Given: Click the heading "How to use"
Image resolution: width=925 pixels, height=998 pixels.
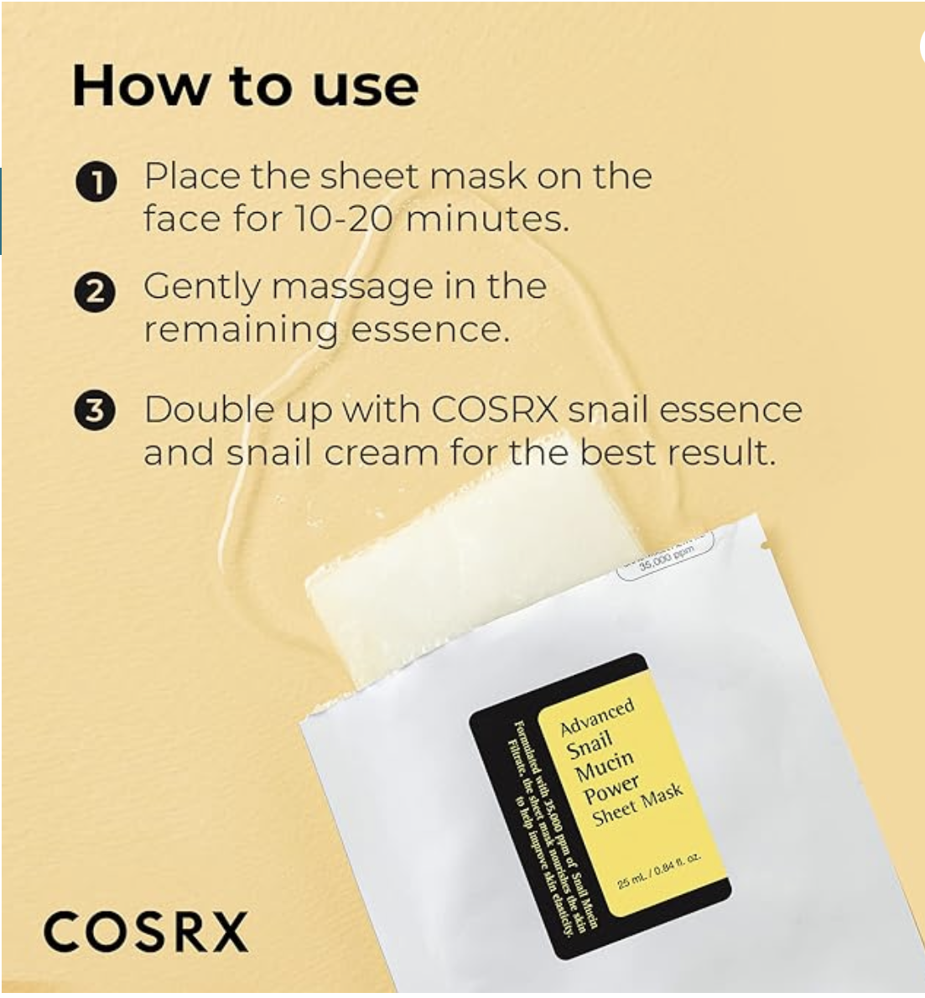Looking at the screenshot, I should [245, 86].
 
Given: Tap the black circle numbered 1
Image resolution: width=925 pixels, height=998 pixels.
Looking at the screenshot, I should [94, 183].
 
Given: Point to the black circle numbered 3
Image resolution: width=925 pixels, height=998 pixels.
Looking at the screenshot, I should [94, 412].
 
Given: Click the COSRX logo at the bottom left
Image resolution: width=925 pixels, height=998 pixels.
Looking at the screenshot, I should [146, 932].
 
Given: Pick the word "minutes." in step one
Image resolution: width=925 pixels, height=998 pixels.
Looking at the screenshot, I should [487, 219].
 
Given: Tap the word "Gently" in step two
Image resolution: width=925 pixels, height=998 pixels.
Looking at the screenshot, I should [202, 288].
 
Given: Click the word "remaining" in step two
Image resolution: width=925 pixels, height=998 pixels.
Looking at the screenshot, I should [240, 329].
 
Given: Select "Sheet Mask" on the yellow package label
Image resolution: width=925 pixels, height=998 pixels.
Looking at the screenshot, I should [638, 804].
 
